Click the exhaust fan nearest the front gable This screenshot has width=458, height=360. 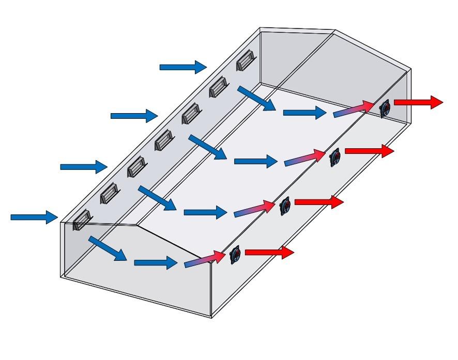(236, 255)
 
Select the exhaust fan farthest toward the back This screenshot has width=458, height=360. (386, 108)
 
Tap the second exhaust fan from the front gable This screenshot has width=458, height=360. (285, 207)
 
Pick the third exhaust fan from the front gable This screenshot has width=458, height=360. (335, 156)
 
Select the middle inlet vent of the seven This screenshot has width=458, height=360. (164, 139)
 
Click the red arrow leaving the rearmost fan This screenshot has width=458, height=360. (419, 102)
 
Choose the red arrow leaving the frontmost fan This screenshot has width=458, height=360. (269, 253)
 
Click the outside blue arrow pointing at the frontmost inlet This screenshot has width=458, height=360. (34, 217)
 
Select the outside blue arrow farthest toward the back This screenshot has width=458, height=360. (183, 67)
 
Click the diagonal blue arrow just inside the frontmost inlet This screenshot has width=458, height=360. (108, 248)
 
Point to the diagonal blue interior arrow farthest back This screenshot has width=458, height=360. (257, 98)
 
